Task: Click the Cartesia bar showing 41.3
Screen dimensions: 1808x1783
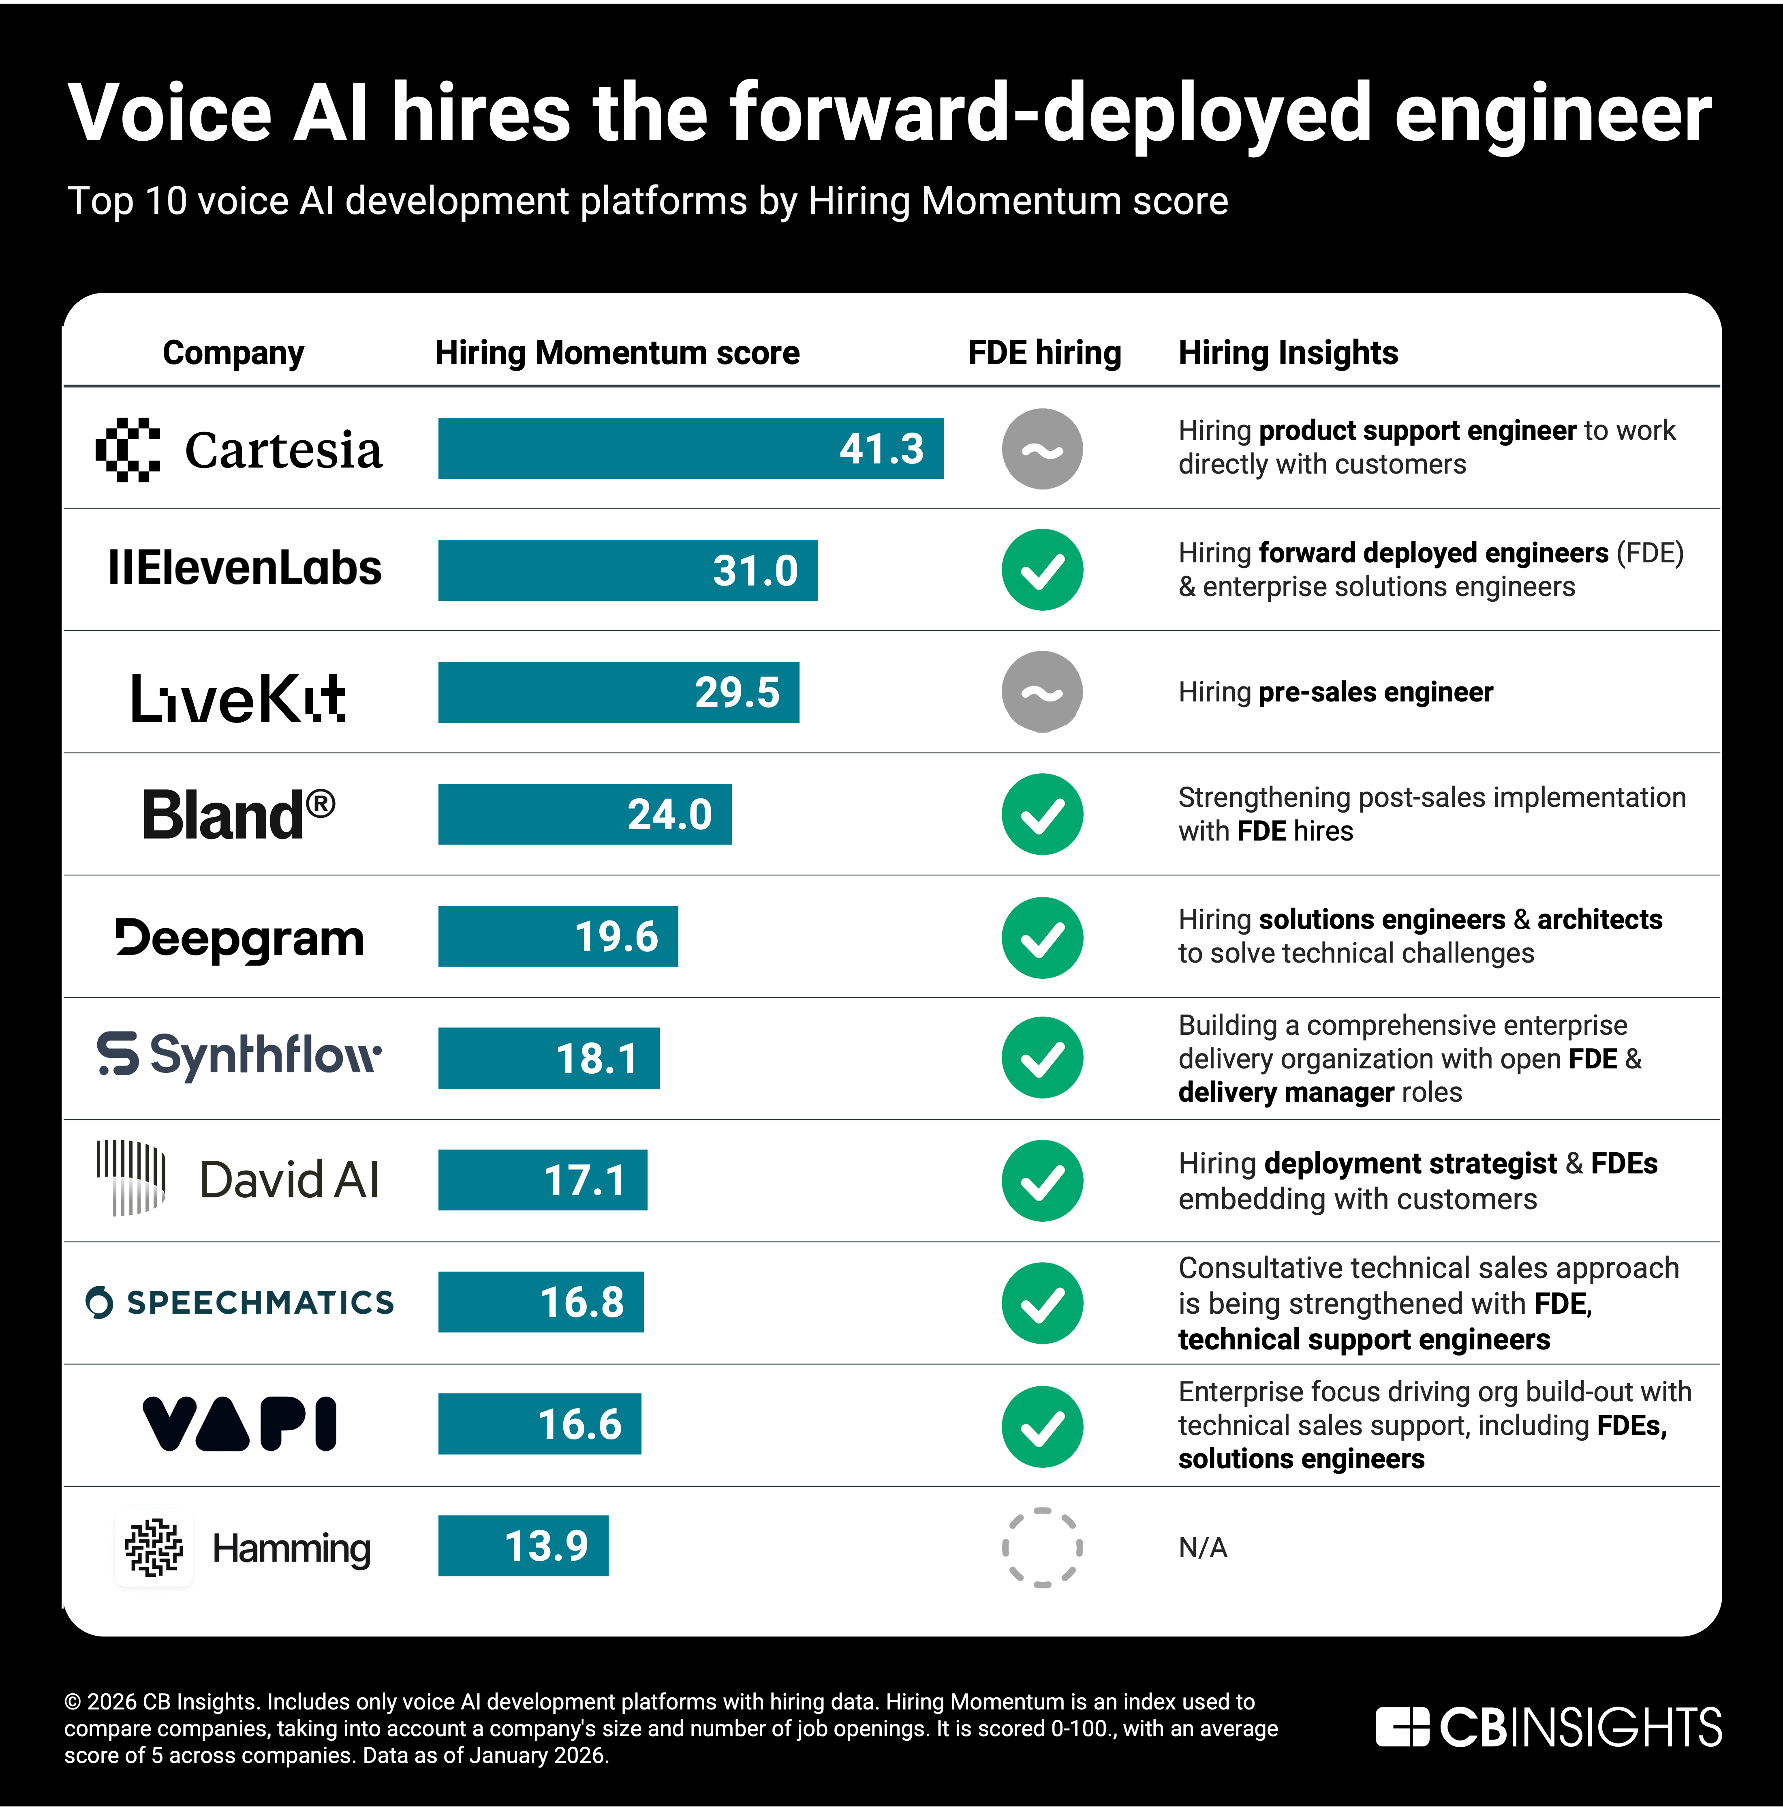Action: pos(691,448)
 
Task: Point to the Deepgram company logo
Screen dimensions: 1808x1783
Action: pos(239,938)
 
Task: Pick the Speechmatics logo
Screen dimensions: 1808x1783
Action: pos(239,1302)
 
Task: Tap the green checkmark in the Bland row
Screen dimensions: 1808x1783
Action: pos(1042,814)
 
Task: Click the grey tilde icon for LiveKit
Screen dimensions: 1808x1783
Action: pos(1042,692)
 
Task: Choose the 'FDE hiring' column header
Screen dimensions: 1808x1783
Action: pos(1044,353)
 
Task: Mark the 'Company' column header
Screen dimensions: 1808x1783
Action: pos(233,353)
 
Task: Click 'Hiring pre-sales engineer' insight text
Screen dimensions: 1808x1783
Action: pos(1335,693)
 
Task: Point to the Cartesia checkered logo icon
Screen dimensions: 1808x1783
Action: pos(128,449)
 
